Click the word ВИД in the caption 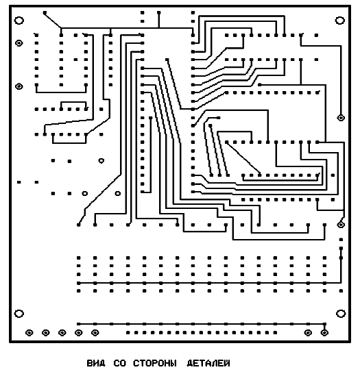point(96,363)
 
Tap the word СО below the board point(119,363)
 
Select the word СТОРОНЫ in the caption point(155,363)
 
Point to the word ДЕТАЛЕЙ point(208,363)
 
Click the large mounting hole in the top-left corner point(19,21)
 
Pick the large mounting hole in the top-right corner point(340,21)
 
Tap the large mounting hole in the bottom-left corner point(19,314)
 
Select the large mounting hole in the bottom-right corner point(341,314)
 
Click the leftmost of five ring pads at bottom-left point(29,332)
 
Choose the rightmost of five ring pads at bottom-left point(95,332)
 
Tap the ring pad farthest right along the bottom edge point(324,332)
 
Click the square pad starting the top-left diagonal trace point(45,12)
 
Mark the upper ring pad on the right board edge point(341,118)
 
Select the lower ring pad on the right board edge point(341,225)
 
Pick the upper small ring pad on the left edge point(19,43)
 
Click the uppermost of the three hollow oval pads point(101,161)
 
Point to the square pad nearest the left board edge point(19,182)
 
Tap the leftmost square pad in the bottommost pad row point(128,332)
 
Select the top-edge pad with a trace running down point(159,12)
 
